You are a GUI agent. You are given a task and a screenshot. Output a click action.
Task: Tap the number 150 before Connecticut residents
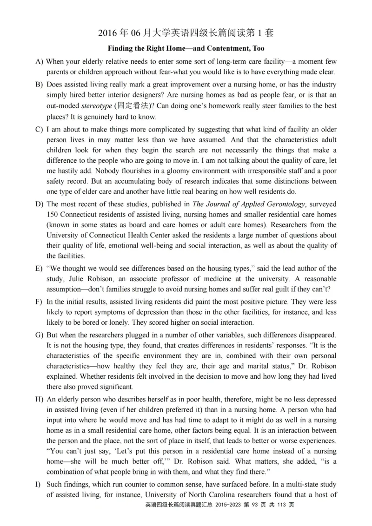tap(53, 214)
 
